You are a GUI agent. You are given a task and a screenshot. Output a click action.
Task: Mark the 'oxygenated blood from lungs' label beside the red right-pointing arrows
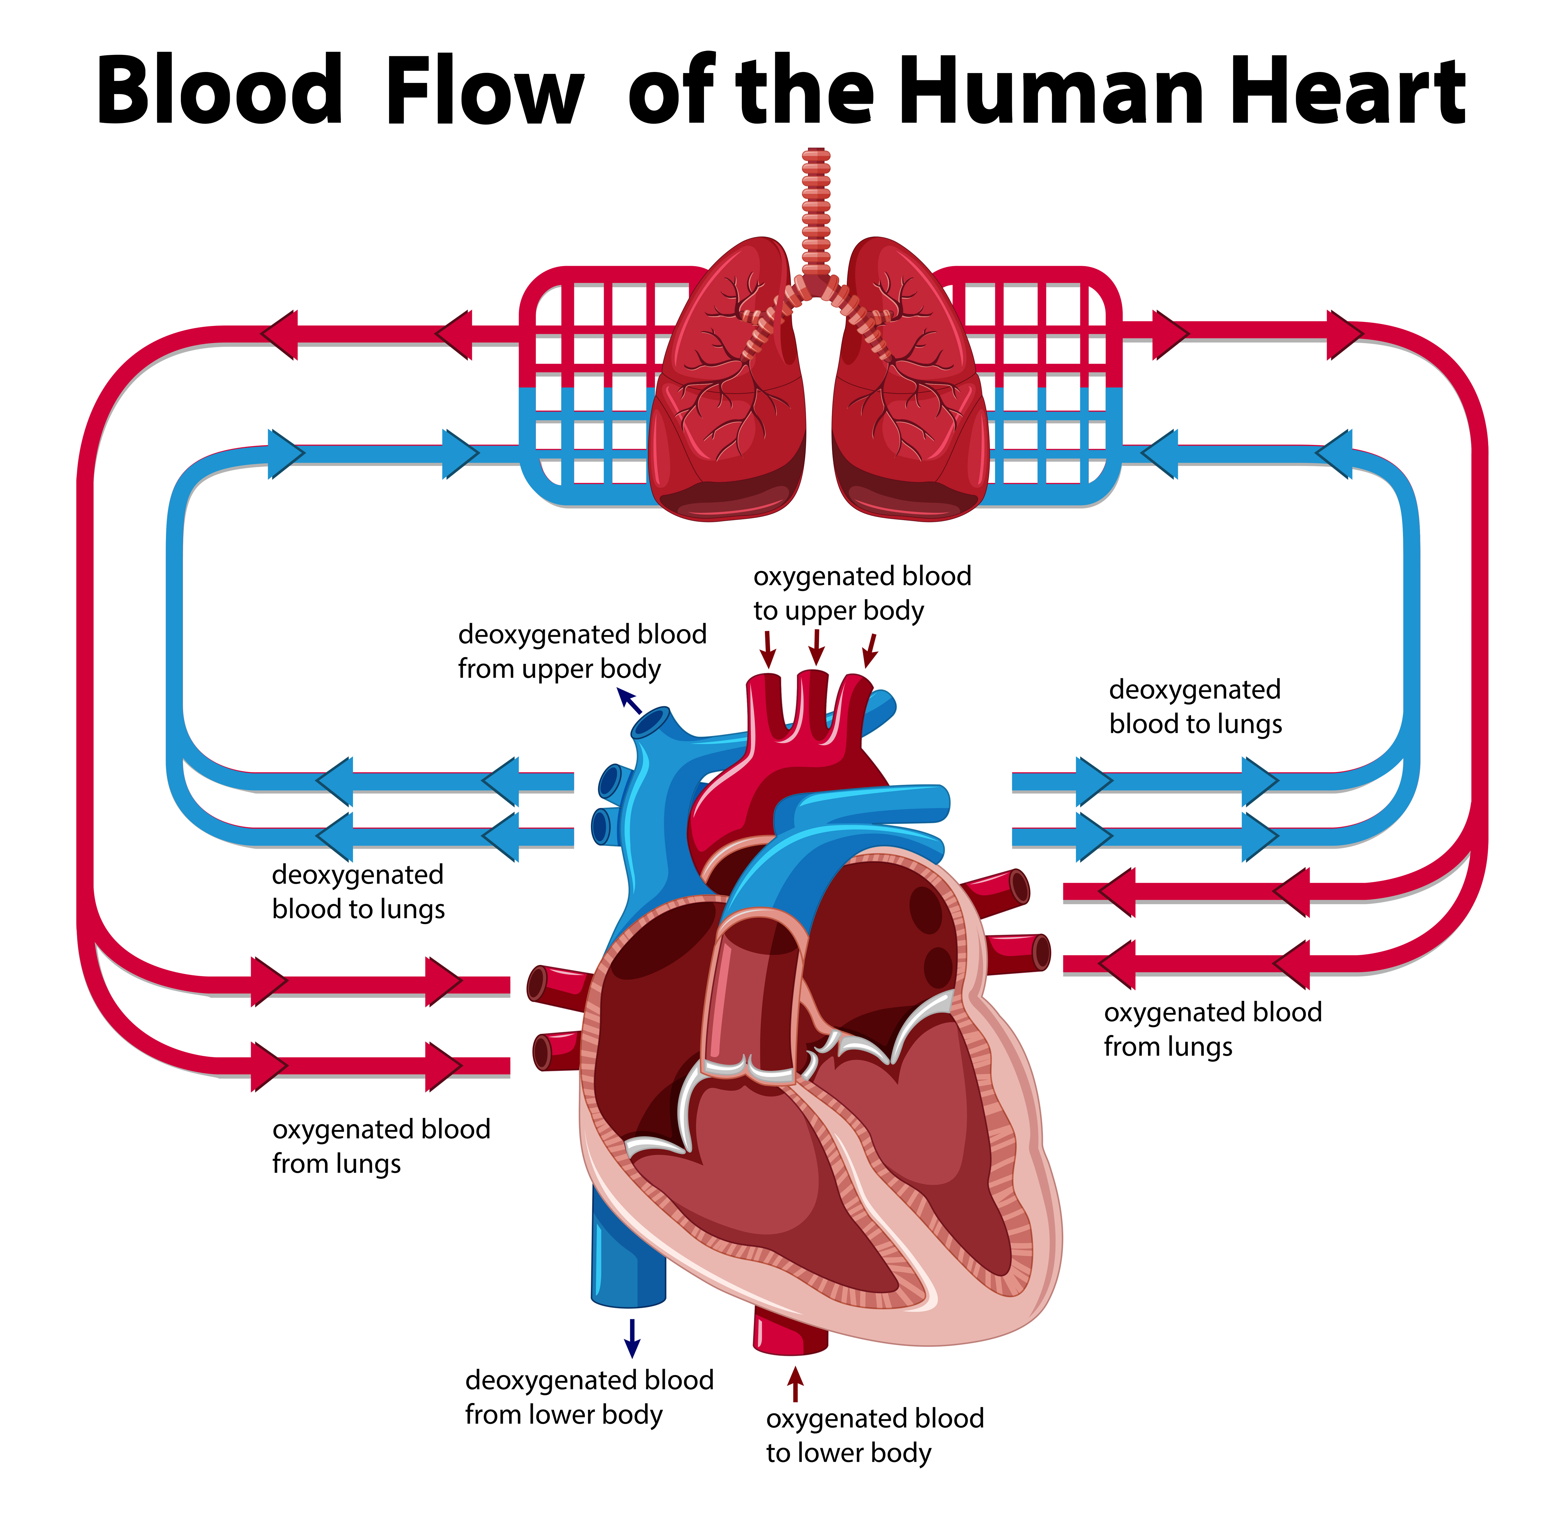point(381,1146)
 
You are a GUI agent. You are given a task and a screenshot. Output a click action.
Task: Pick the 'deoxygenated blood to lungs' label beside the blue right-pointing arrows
point(1195,707)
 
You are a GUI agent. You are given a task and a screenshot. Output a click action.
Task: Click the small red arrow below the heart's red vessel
point(794,1384)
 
